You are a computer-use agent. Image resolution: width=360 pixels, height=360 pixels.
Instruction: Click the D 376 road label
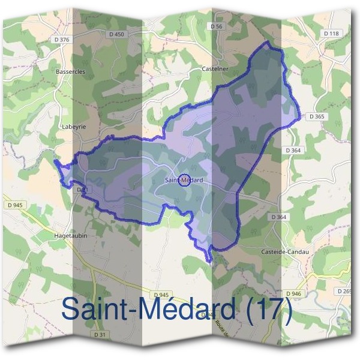tap(61, 39)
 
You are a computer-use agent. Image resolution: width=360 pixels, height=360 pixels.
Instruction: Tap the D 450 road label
tap(117, 35)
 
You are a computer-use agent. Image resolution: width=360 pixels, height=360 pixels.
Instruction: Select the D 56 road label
tap(217, 26)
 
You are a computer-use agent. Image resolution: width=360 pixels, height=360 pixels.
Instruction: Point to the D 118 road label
tap(331, 34)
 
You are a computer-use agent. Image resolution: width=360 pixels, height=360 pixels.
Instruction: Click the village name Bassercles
tap(71, 71)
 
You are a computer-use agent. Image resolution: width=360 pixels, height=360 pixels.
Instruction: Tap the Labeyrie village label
tap(74, 127)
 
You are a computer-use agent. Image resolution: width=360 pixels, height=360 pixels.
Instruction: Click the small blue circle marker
tap(185, 179)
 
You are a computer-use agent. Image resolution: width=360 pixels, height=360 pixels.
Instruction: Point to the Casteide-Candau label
tap(284, 251)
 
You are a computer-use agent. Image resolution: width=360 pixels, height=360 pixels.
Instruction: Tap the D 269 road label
tap(345, 291)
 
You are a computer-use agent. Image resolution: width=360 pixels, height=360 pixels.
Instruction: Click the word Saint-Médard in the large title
tap(148, 309)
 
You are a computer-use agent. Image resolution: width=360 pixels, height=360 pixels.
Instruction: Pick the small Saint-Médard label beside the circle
tap(184, 180)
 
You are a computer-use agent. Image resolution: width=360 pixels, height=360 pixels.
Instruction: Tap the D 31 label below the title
tap(100, 334)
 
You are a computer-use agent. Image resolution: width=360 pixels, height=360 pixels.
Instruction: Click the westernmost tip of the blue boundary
tap(55, 161)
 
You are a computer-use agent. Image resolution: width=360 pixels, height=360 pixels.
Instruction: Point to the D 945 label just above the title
tap(161, 295)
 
